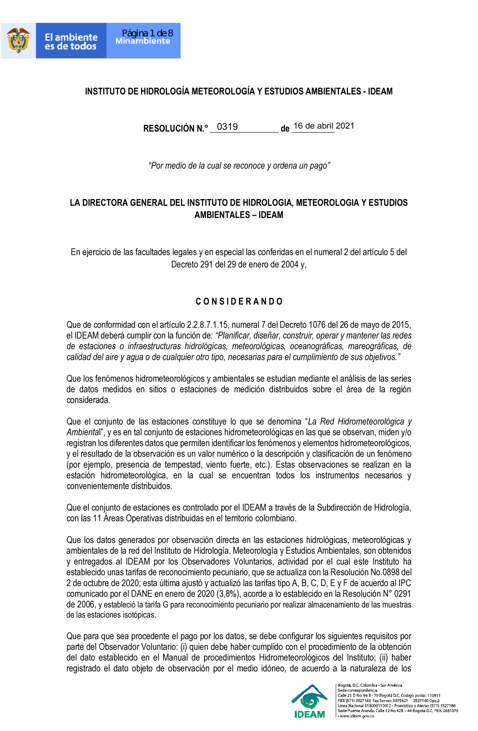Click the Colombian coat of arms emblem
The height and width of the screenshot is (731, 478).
pyautogui.click(x=18, y=41)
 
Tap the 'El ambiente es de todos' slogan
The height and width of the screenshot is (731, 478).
pyautogui.click(x=71, y=42)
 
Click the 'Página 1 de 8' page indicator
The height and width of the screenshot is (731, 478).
pyautogui.click(x=147, y=33)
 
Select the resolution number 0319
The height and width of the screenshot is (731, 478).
pyautogui.click(x=228, y=127)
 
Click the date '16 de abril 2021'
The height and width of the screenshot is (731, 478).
pyautogui.click(x=324, y=126)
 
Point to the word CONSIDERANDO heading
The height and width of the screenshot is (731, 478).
pyautogui.click(x=239, y=301)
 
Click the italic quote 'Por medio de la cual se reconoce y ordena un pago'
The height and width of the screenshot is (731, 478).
pyautogui.click(x=239, y=166)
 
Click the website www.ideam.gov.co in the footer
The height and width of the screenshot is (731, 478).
pyautogui.click(x=357, y=716)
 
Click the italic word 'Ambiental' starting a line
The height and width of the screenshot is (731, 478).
pyautogui.click(x=84, y=432)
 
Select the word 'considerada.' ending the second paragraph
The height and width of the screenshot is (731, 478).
pyautogui.click(x=88, y=400)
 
